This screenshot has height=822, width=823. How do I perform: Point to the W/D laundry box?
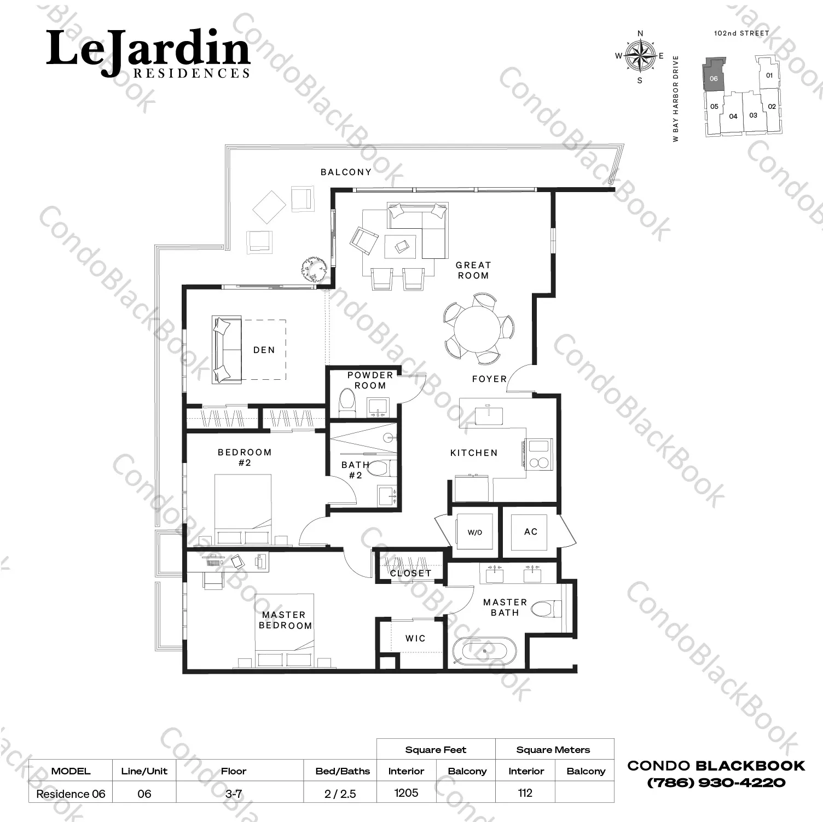pyautogui.click(x=474, y=532)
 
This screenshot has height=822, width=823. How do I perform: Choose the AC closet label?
pyautogui.click(x=531, y=531)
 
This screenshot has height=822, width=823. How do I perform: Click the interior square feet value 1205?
pyautogui.click(x=406, y=793)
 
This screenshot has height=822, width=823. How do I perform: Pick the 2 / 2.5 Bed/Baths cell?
pyautogui.click(x=340, y=794)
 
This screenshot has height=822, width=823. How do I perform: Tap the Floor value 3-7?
pyautogui.click(x=234, y=794)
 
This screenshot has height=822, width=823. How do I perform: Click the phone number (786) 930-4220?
pyautogui.click(x=716, y=783)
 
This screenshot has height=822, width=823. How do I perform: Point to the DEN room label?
pyautogui.click(x=264, y=350)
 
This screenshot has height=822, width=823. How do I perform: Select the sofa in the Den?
pyautogui.click(x=227, y=349)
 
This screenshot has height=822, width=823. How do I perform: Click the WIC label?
pyautogui.click(x=415, y=638)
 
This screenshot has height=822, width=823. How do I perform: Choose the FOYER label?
pyautogui.click(x=489, y=379)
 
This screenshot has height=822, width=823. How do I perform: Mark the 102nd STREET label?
pyautogui.click(x=741, y=33)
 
